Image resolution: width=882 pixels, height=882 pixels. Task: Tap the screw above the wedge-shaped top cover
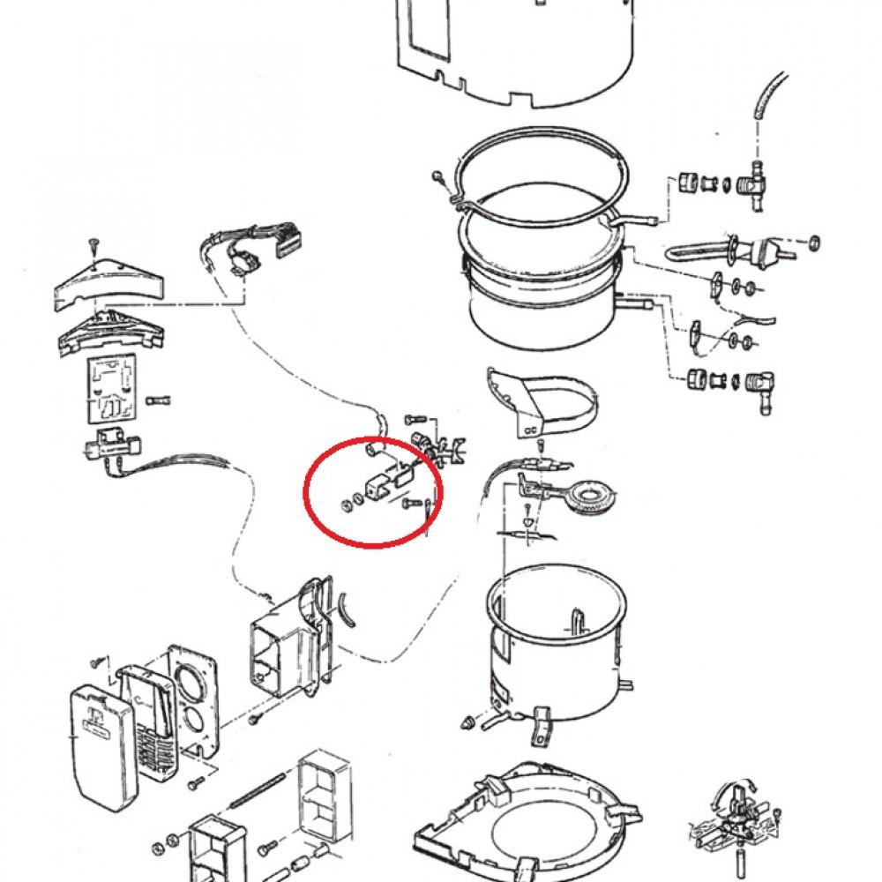[92, 243]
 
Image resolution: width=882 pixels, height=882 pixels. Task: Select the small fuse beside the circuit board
[161, 399]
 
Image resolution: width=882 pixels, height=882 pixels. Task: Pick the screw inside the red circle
[411, 503]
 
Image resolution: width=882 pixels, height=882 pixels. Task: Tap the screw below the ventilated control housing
[253, 719]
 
